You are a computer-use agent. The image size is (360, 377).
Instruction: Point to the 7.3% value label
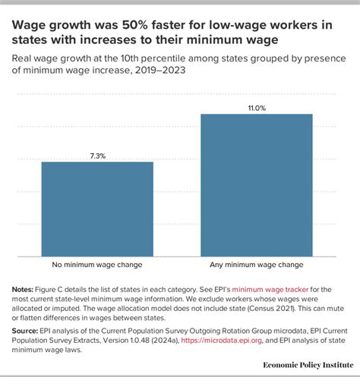(x=97, y=156)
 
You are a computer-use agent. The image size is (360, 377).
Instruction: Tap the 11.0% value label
(x=257, y=108)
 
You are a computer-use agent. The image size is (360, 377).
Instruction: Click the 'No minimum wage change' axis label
(x=97, y=265)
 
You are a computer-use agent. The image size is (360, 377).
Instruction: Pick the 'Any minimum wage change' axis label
(x=257, y=265)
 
